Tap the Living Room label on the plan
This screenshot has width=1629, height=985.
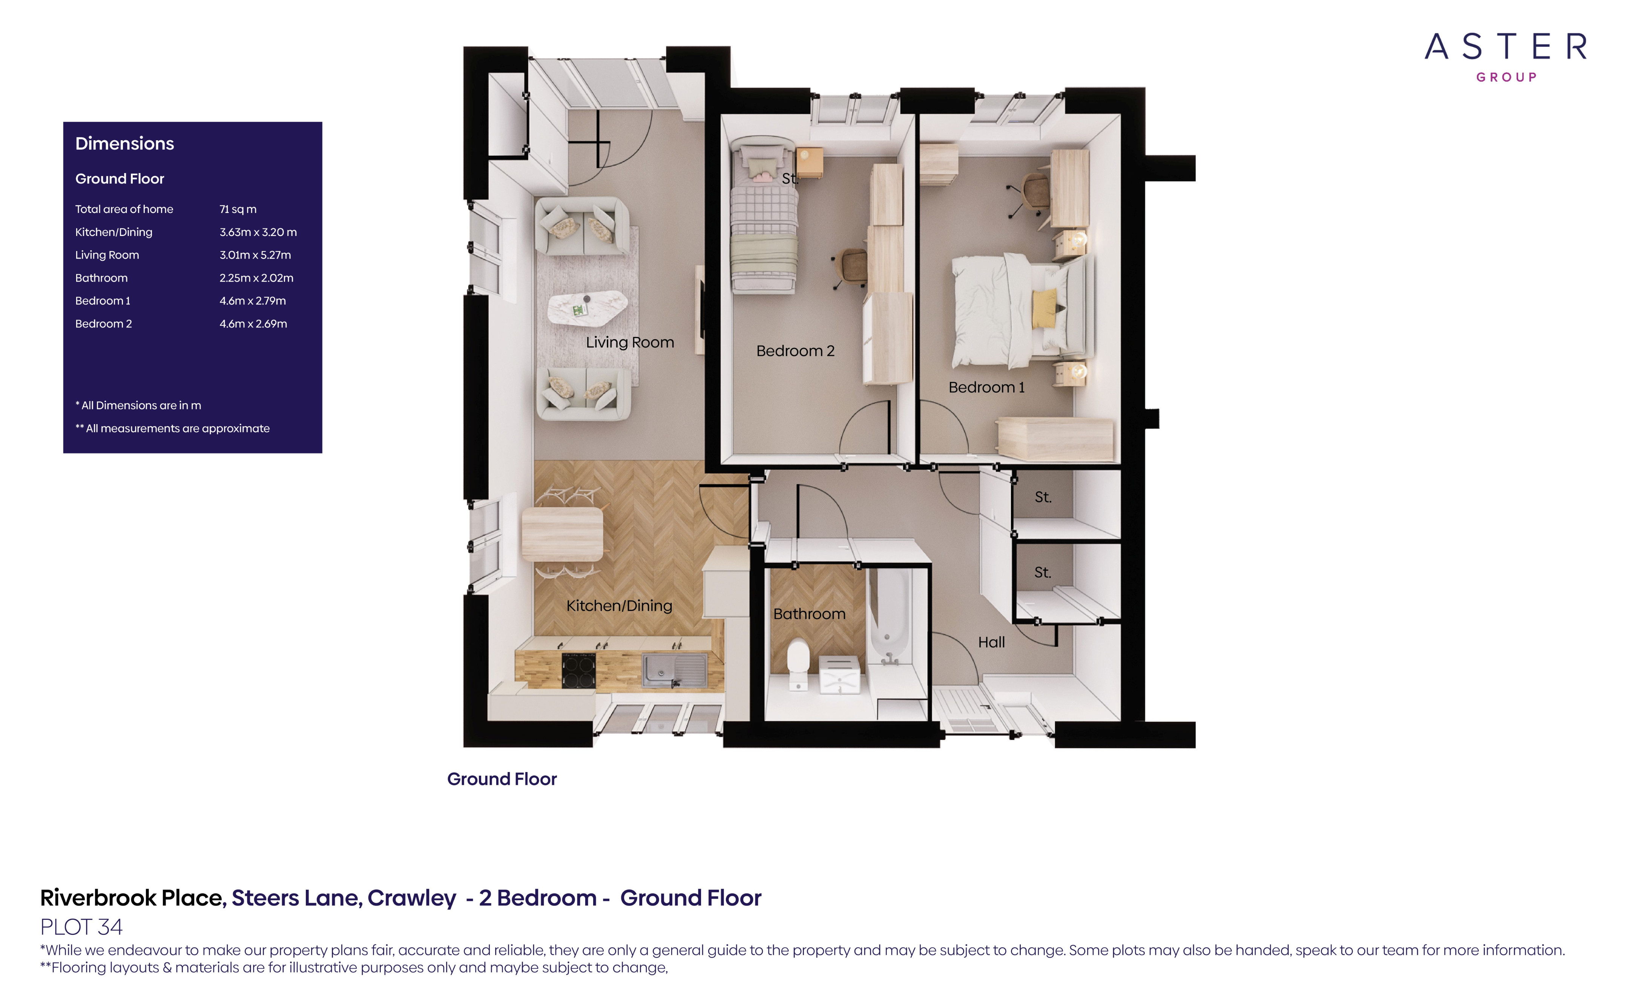629,342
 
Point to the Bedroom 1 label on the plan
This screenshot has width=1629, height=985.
986,388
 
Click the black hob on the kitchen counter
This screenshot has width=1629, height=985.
578,669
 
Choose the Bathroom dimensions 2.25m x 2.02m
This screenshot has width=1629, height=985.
256,278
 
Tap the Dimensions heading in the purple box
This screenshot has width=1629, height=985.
124,144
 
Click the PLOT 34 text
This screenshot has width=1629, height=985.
81,927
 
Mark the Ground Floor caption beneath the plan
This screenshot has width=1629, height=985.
502,779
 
